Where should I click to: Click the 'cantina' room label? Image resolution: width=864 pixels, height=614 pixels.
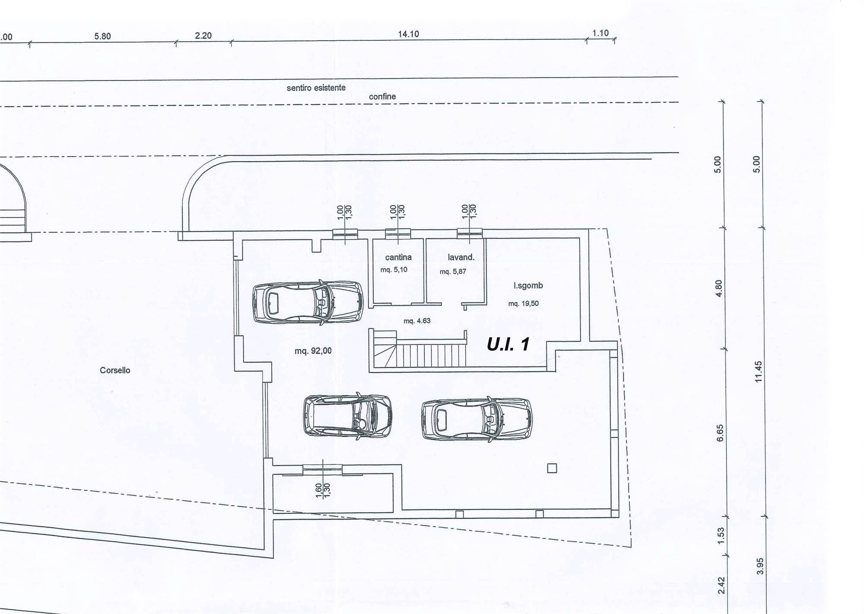pyautogui.click(x=398, y=257)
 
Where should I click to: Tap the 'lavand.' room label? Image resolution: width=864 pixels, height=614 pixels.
pyautogui.click(x=461, y=257)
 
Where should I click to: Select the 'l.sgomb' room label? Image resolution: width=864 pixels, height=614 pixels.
pyautogui.click(x=528, y=285)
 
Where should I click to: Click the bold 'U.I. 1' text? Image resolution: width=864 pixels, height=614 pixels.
pyautogui.click(x=508, y=344)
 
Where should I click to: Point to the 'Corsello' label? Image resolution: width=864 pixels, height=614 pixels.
pyautogui.click(x=115, y=370)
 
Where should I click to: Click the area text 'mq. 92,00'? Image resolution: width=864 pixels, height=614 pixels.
pyautogui.click(x=313, y=351)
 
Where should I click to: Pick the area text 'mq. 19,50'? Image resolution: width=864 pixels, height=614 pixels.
pyautogui.click(x=524, y=304)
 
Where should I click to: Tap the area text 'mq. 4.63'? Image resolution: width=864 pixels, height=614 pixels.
pyautogui.click(x=417, y=321)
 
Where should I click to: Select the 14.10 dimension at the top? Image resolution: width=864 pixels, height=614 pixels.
pyautogui.click(x=409, y=34)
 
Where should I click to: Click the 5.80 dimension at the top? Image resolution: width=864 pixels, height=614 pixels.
pyautogui.click(x=103, y=36)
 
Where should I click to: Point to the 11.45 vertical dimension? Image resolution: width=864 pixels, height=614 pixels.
pyautogui.click(x=759, y=372)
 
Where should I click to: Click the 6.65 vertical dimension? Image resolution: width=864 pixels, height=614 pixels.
pyautogui.click(x=720, y=433)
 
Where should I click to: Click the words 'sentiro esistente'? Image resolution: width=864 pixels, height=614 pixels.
pyautogui.click(x=316, y=88)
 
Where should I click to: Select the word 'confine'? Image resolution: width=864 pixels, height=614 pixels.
pyautogui.click(x=382, y=97)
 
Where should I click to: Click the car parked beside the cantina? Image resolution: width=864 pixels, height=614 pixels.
pyautogui.click(x=308, y=302)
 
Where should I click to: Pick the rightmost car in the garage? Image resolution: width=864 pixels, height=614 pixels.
pyautogui.click(x=477, y=419)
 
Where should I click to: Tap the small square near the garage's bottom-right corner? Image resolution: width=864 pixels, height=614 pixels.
pyautogui.click(x=552, y=468)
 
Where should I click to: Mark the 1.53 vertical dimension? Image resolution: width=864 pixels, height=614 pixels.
pyautogui.click(x=721, y=536)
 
